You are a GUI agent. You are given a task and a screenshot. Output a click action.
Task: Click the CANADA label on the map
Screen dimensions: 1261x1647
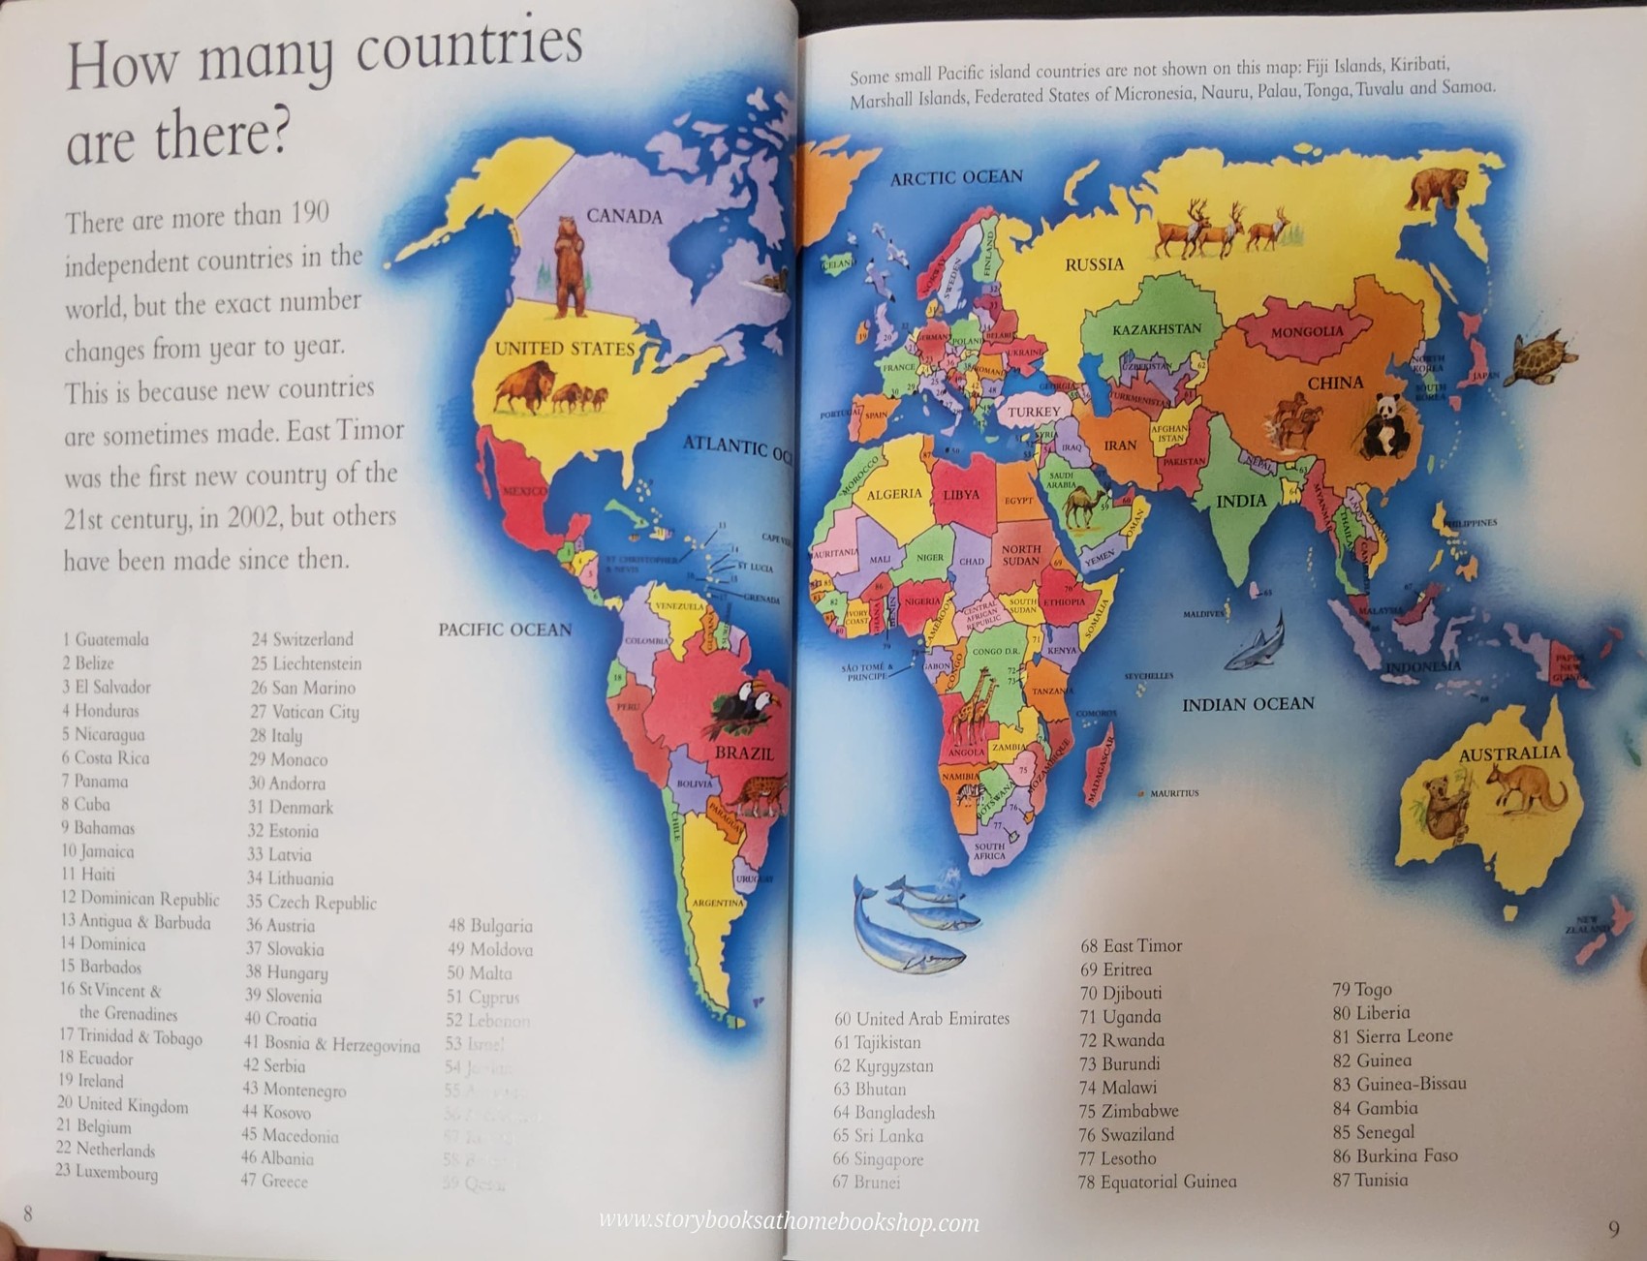pyautogui.click(x=624, y=216)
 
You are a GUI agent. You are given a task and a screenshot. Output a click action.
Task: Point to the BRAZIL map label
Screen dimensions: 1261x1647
pyautogui.click(x=744, y=753)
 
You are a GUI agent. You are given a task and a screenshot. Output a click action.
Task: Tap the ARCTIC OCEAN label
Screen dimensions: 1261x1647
pyautogui.click(x=956, y=177)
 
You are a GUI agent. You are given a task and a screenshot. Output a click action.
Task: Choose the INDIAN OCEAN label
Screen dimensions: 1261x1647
pyautogui.click(x=1248, y=704)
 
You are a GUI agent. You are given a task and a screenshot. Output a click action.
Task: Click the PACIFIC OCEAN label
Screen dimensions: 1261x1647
pyautogui.click(x=505, y=630)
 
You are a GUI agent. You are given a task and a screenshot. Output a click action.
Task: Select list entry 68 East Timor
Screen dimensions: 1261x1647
pyautogui.click(x=1131, y=945)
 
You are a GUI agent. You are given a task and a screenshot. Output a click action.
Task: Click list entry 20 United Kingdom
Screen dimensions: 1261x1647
pyautogui.click(x=123, y=1104)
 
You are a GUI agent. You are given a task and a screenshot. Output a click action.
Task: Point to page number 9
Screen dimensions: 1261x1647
pyautogui.click(x=1613, y=1229)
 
